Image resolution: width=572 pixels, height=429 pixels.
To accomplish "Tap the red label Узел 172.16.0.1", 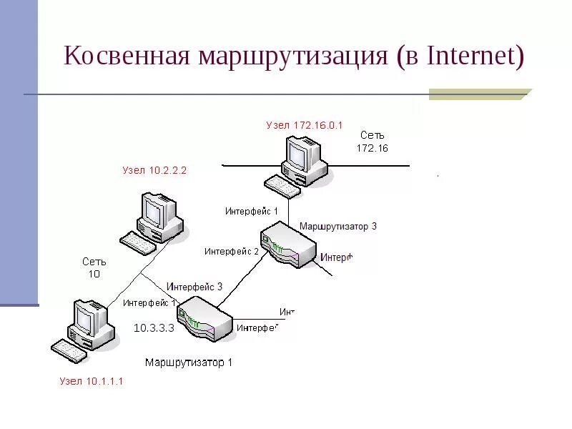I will coord(305,124).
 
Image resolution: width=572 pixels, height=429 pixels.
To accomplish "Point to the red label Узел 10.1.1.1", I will coord(92,381).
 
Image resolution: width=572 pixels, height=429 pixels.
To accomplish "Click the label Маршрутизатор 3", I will coord(337,227).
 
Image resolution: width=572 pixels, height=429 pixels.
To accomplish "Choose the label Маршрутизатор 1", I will coord(189,363).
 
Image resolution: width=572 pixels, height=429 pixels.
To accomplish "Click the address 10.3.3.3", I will coord(154,327).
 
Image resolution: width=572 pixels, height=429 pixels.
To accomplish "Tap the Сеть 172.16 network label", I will coord(373,142).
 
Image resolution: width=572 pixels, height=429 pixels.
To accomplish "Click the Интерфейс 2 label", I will coord(232,251).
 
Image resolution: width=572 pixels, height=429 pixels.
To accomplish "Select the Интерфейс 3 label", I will coord(194,286).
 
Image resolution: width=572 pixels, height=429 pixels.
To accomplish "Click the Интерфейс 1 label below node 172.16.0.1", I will coord(251,211).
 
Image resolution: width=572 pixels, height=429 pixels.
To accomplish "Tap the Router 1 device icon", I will coord(204,319).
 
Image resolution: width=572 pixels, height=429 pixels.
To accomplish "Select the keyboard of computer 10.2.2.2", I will coord(137,243).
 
